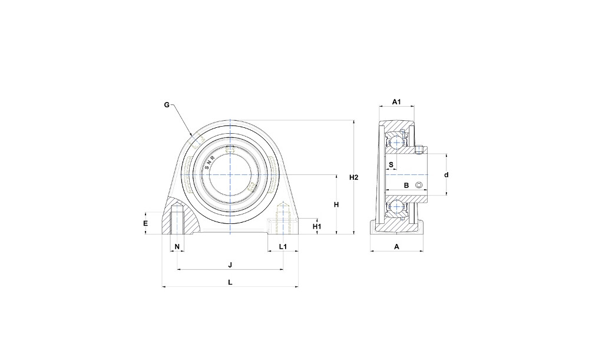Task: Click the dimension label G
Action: pyautogui.click(x=167, y=105)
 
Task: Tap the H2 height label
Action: pyautogui.click(x=354, y=177)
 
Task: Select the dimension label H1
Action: pyautogui.click(x=317, y=226)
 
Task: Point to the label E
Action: pyautogui.click(x=145, y=223)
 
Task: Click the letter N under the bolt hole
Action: pyautogui.click(x=177, y=246)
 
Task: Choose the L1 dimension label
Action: pyautogui.click(x=283, y=246)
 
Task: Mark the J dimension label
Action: pyautogui.click(x=230, y=265)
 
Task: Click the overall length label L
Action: pyautogui.click(x=230, y=282)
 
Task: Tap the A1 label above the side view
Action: pyautogui.click(x=396, y=102)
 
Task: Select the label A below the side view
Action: pyautogui.click(x=396, y=246)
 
